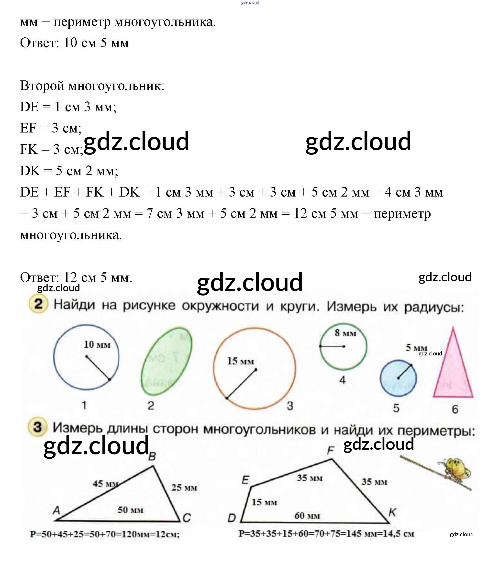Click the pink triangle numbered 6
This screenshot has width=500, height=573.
click(453, 374)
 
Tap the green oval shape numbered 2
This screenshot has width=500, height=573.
click(166, 361)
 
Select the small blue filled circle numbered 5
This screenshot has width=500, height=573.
click(398, 378)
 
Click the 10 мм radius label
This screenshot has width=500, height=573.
click(97, 345)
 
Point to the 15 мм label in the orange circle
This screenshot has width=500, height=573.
click(240, 361)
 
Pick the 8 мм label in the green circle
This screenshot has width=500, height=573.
click(345, 333)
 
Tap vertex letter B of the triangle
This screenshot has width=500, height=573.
click(152, 457)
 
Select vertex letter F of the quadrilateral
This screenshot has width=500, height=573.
click(330, 450)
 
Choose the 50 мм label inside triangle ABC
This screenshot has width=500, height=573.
click(130, 510)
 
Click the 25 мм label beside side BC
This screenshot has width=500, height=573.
click(184, 488)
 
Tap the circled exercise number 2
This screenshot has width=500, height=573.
click(38, 304)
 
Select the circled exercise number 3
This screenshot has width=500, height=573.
click(37, 427)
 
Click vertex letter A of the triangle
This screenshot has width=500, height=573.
click(56, 510)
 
